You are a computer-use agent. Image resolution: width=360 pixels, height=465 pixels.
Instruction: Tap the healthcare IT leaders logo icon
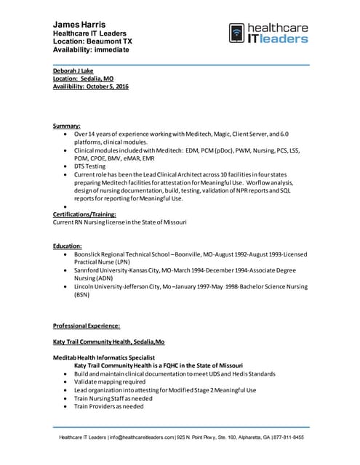pos(236,33)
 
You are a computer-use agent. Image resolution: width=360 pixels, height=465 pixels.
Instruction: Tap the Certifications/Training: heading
pos(92,214)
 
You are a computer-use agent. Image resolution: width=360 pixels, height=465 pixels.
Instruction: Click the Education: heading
pos(68,246)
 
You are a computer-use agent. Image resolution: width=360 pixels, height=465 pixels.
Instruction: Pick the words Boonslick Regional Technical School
pos(121,254)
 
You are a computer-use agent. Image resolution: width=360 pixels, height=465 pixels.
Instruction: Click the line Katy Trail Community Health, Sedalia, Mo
pos(109,341)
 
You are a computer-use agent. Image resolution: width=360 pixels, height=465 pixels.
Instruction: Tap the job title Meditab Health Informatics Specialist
pos(104,357)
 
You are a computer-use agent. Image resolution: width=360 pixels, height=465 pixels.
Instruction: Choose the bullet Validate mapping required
pos(110,381)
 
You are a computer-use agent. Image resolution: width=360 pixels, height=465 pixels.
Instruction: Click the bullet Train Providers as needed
pos(109,406)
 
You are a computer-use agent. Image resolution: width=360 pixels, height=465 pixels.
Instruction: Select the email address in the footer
pos(142,437)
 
